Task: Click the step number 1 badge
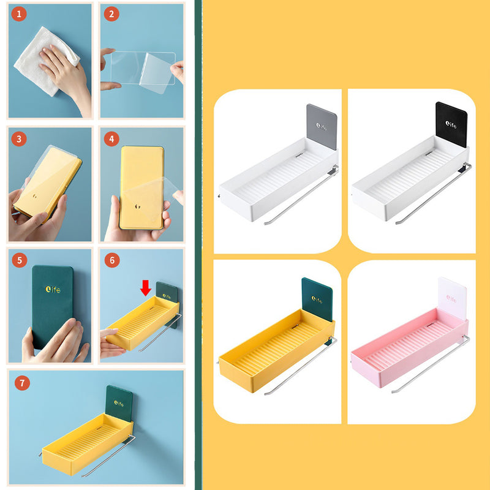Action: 19,13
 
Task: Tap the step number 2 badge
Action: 111,13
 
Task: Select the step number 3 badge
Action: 19,139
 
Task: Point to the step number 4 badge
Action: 111,139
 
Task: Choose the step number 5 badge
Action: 20,260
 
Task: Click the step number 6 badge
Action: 112,260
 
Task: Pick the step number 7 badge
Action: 22,383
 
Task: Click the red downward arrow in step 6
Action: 146,288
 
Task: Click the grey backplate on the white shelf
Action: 322,127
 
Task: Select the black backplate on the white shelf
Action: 451,124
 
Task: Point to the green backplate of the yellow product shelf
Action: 317,300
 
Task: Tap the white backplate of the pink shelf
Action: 452,298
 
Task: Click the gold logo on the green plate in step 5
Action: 53,289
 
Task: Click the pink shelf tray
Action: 410,347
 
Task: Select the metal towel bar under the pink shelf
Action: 431,364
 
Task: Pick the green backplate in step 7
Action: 119,403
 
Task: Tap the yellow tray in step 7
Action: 88,444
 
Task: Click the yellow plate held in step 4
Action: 142,187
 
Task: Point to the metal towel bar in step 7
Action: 109,456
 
